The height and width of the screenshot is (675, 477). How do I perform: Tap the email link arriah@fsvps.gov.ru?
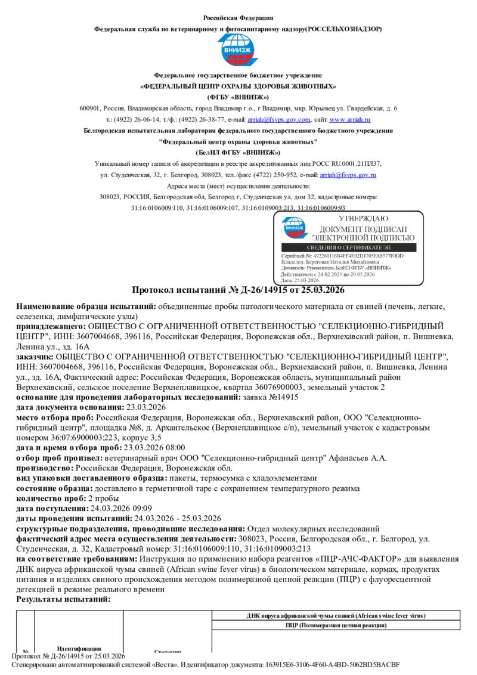[x=348, y=175]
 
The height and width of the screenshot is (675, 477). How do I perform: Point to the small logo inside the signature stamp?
[x=295, y=228]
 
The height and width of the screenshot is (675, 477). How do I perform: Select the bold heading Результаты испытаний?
[x=63, y=599]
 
